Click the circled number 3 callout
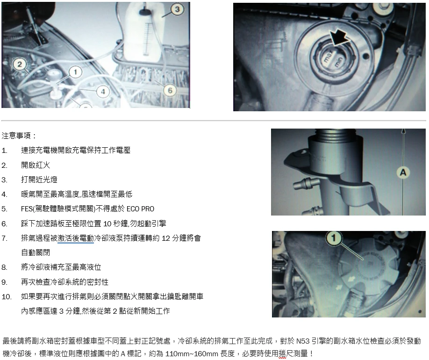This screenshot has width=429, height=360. click(177, 9)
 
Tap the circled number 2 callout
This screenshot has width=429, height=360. click(20, 65)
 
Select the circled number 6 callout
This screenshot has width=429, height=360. click(170, 90)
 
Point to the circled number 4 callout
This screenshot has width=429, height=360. click(103, 92)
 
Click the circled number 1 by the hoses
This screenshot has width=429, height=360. click(76, 72)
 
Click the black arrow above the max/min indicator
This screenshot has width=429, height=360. click(338, 37)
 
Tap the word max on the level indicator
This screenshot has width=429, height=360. click(328, 57)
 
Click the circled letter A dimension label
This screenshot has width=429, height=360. click(403, 173)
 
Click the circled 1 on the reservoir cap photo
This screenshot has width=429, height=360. click(334, 238)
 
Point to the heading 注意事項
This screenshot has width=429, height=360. click(19, 136)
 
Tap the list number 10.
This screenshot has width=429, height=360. click(7, 297)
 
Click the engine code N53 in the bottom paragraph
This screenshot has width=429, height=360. click(303, 341)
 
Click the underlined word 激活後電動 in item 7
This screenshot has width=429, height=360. click(76, 238)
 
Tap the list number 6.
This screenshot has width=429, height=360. click(4, 224)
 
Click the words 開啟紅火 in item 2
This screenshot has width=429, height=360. click(36, 165)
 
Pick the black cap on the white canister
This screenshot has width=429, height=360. click(144, 12)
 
